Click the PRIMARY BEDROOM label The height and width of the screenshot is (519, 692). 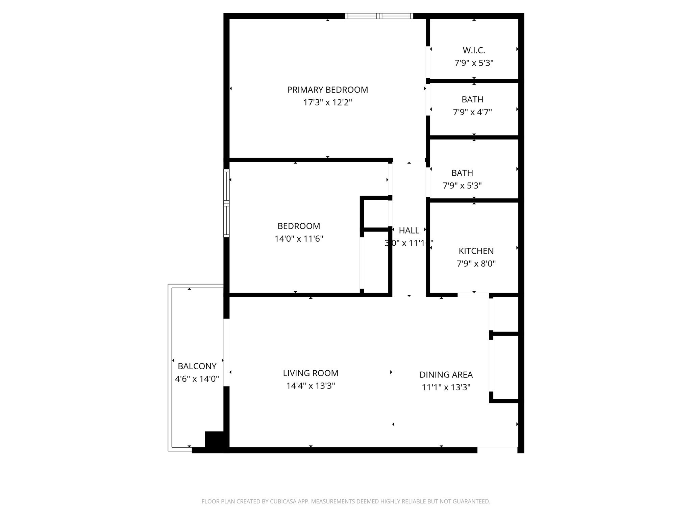coord(327,90)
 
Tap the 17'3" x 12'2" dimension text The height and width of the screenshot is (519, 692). coord(327,102)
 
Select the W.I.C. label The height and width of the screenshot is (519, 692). coord(474,50)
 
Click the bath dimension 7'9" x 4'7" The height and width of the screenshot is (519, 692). coord(472,112)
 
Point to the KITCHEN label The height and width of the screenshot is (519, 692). coord(476,251)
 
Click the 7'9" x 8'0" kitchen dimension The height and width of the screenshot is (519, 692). coord(476,264)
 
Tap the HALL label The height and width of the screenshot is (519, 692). coord(409,230)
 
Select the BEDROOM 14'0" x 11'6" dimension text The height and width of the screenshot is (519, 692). coord(299,239)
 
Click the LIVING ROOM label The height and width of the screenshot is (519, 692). coord(311,373)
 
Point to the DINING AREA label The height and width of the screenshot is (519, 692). coord(446,375)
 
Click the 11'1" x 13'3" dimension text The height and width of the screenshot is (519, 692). coord(446,387)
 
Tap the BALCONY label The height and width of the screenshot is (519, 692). coord(197,366)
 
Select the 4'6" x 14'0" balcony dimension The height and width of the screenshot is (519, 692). coord(197,379)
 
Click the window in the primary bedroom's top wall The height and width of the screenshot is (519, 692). coord(379,16)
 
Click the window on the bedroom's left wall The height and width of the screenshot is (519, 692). coord(226,203)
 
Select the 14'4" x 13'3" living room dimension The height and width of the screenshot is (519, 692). coord(311,386)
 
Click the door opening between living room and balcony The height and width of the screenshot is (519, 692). coord(226,352)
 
